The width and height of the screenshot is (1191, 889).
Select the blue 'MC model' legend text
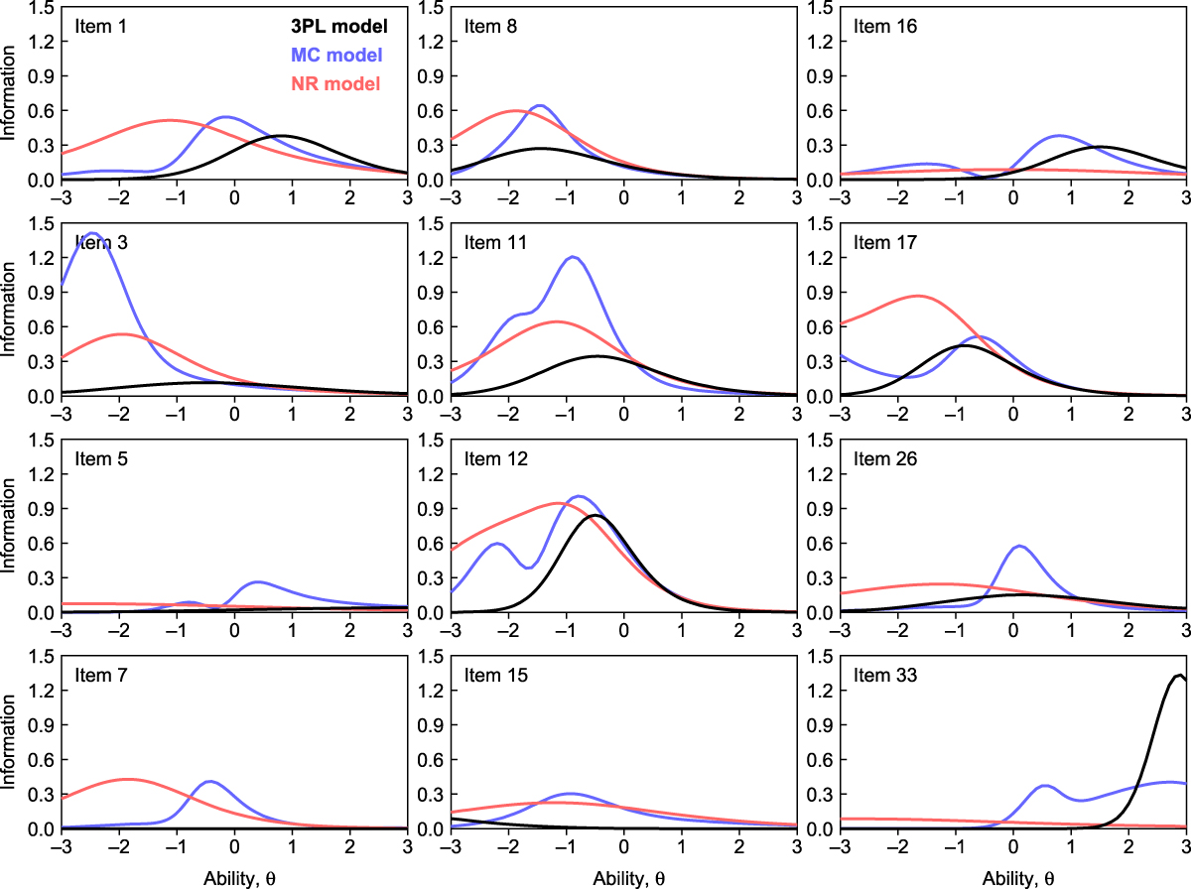click(337, 55)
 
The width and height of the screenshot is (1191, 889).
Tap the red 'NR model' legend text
click(337, 84)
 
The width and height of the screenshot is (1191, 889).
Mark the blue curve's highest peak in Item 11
click(573, 257)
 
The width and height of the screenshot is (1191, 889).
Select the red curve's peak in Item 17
click(917, 296)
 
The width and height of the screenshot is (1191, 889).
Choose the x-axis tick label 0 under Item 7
click(234, 846)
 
